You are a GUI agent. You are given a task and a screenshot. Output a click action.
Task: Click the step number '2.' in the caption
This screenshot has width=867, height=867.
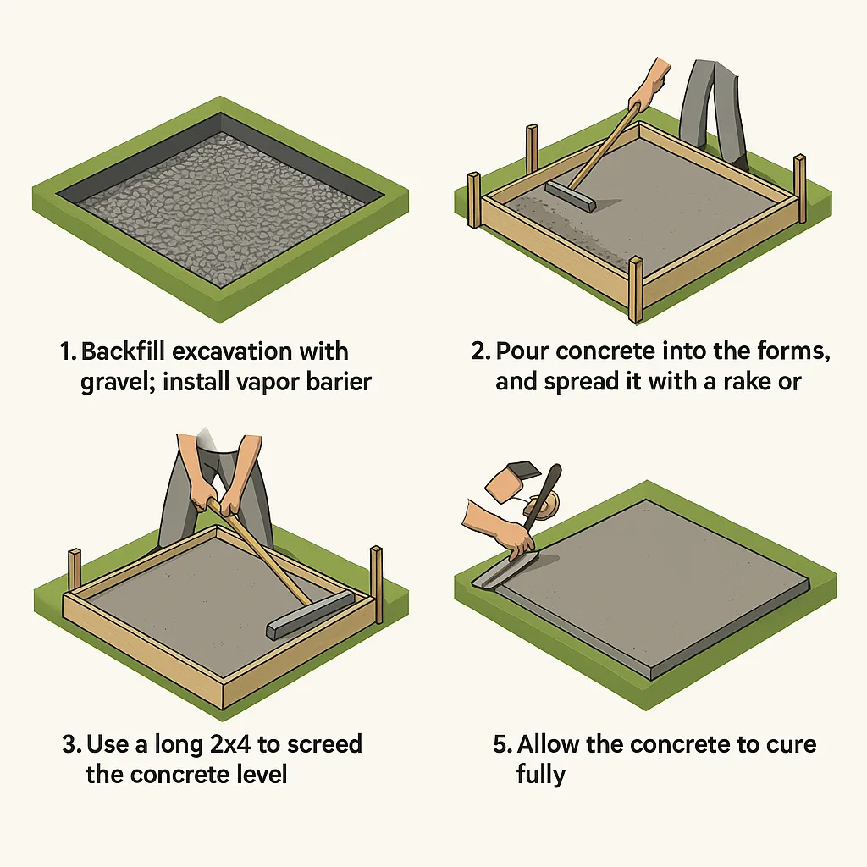coord(480,351)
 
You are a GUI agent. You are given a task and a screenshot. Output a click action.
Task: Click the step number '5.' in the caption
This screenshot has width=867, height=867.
coord(502,744)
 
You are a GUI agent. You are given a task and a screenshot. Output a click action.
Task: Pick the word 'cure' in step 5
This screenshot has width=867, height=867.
coord(787,744)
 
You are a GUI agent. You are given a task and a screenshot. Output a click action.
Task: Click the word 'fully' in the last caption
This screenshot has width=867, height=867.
coord(540,775)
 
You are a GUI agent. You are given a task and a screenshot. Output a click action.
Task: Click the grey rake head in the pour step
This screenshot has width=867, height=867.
coord(572,196)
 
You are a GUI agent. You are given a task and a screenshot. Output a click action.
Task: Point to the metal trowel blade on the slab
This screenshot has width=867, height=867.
coord(500,573)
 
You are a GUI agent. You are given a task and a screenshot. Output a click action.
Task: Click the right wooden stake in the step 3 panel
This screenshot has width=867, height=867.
coord(376,572)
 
